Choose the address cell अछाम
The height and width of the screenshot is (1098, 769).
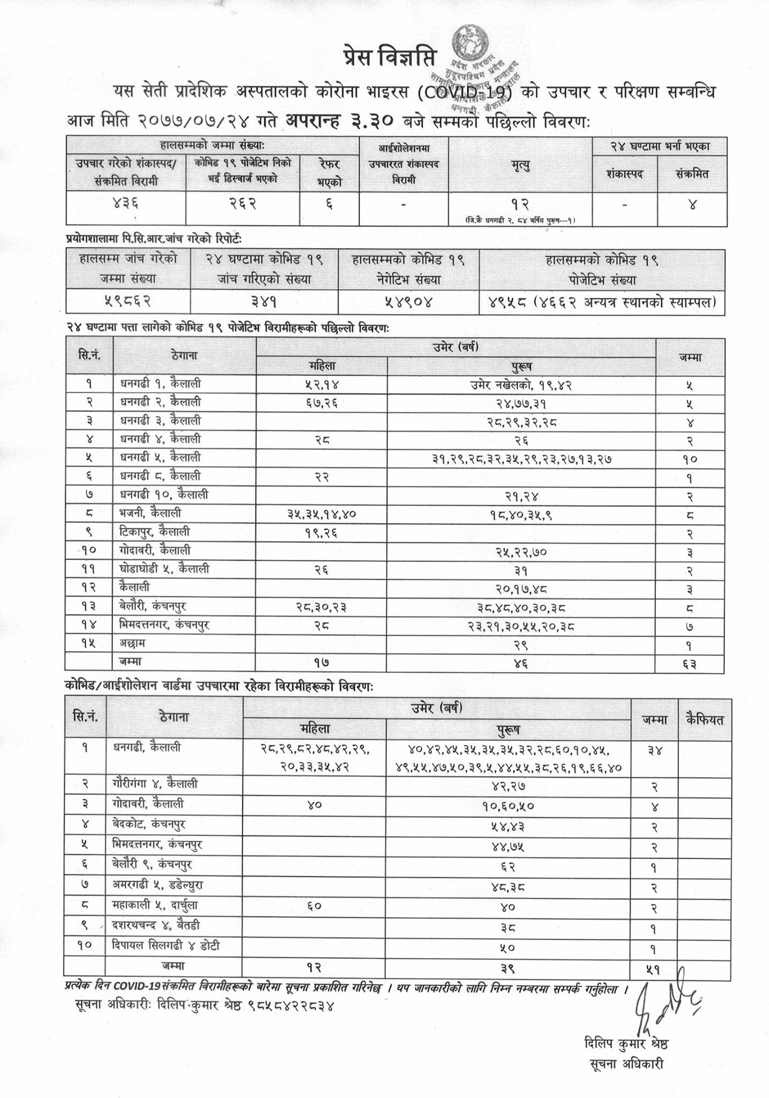click(x=133, y=643)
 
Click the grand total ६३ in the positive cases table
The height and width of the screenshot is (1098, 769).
click(x=690, y=664)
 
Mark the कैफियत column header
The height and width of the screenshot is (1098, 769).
click(x=704, y=719)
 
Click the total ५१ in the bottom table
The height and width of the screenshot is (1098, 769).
click(x=654, y=968)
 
